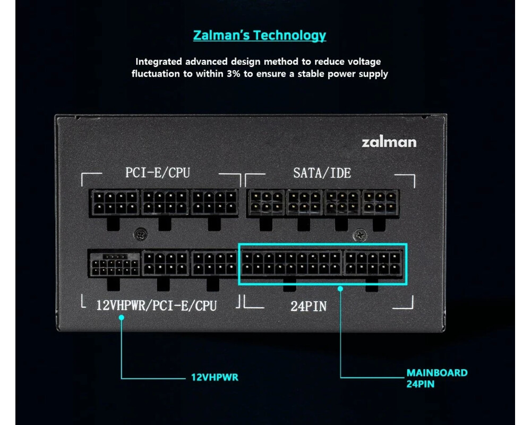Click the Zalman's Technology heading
(x=259, y=36)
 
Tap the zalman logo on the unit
(x=389, y=142)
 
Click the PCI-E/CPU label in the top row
(x=157, y=173)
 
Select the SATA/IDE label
(x=322, y=173)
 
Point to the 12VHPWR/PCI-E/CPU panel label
(x=156, y=306)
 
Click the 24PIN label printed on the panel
(x=309, y=306)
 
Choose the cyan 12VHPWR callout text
(x=215, y=378)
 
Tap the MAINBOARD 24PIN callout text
(x=436, y=378)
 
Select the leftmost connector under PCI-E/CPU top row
(x=114, y=202)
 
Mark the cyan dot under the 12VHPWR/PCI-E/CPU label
(x=122, y=317)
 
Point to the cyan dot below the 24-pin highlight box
(x=341, y=288)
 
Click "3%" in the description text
(x=234, y=74)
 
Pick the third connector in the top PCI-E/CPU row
(x=215, y=202)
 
